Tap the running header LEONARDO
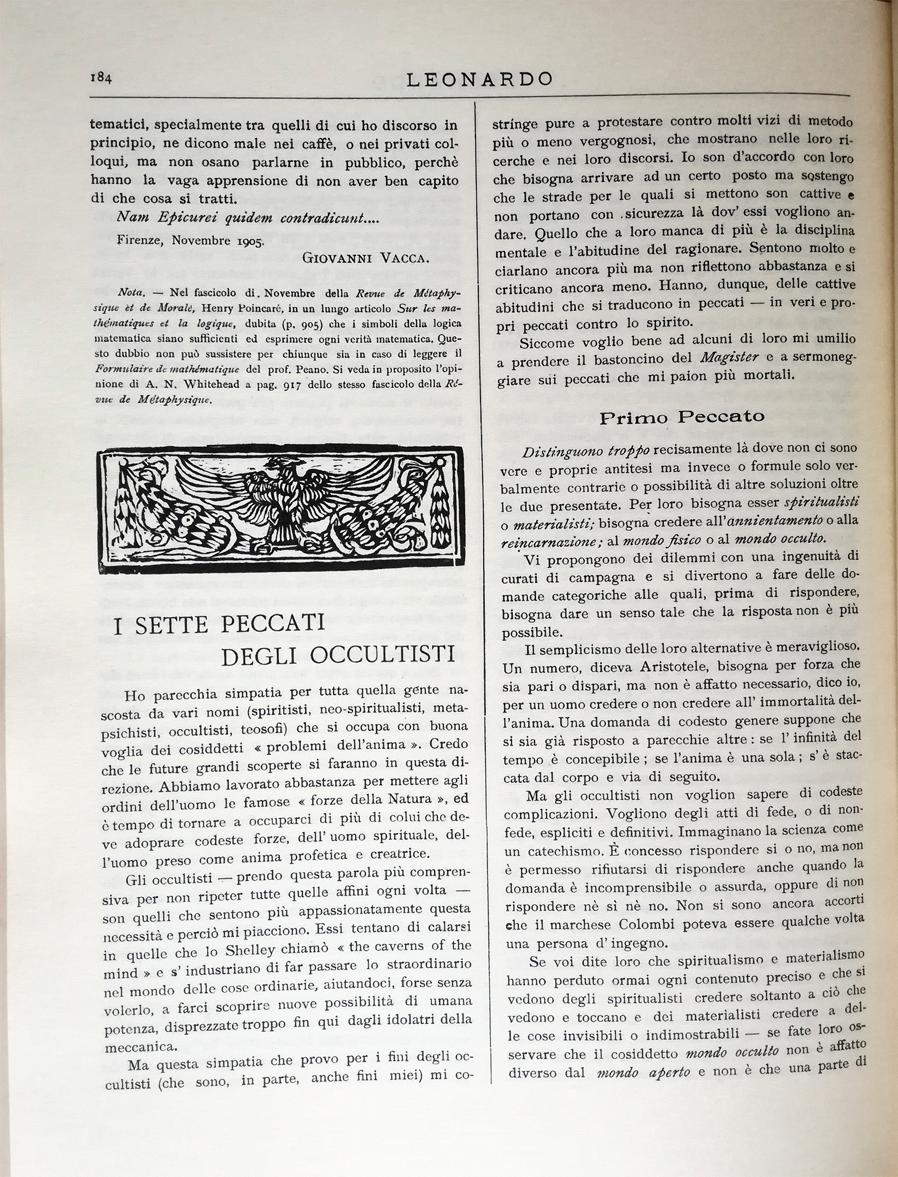click(x=479, y=79)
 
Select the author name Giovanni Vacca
click(x=365, y=258)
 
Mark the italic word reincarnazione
click(x=551, y=541)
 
